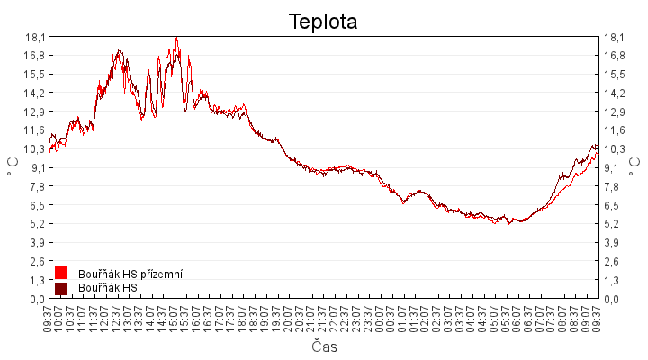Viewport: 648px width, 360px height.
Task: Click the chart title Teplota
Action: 323,21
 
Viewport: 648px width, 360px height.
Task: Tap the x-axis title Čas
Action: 324,346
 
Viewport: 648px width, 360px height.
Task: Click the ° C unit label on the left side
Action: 13,167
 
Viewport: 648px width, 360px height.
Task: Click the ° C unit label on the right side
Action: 635,167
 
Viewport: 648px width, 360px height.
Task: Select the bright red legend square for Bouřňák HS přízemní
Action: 61,273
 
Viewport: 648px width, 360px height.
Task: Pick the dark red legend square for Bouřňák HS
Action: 61,288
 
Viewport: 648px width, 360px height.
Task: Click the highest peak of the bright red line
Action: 177,39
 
